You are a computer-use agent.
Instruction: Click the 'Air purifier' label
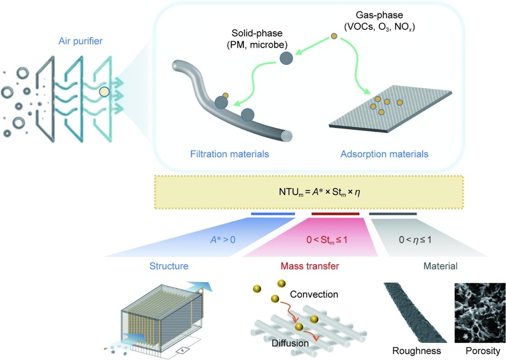(x=81, y=41)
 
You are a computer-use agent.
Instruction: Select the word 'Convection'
(x=314, y=295)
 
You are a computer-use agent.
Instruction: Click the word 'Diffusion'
(x=290, y=343)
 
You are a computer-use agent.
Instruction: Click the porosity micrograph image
(x=479, y=312)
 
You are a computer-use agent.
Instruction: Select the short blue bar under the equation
(x=273, y=213)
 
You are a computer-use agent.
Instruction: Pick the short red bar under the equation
(x=335, y=213)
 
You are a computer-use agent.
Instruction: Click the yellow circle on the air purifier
(x=104, y=92)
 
